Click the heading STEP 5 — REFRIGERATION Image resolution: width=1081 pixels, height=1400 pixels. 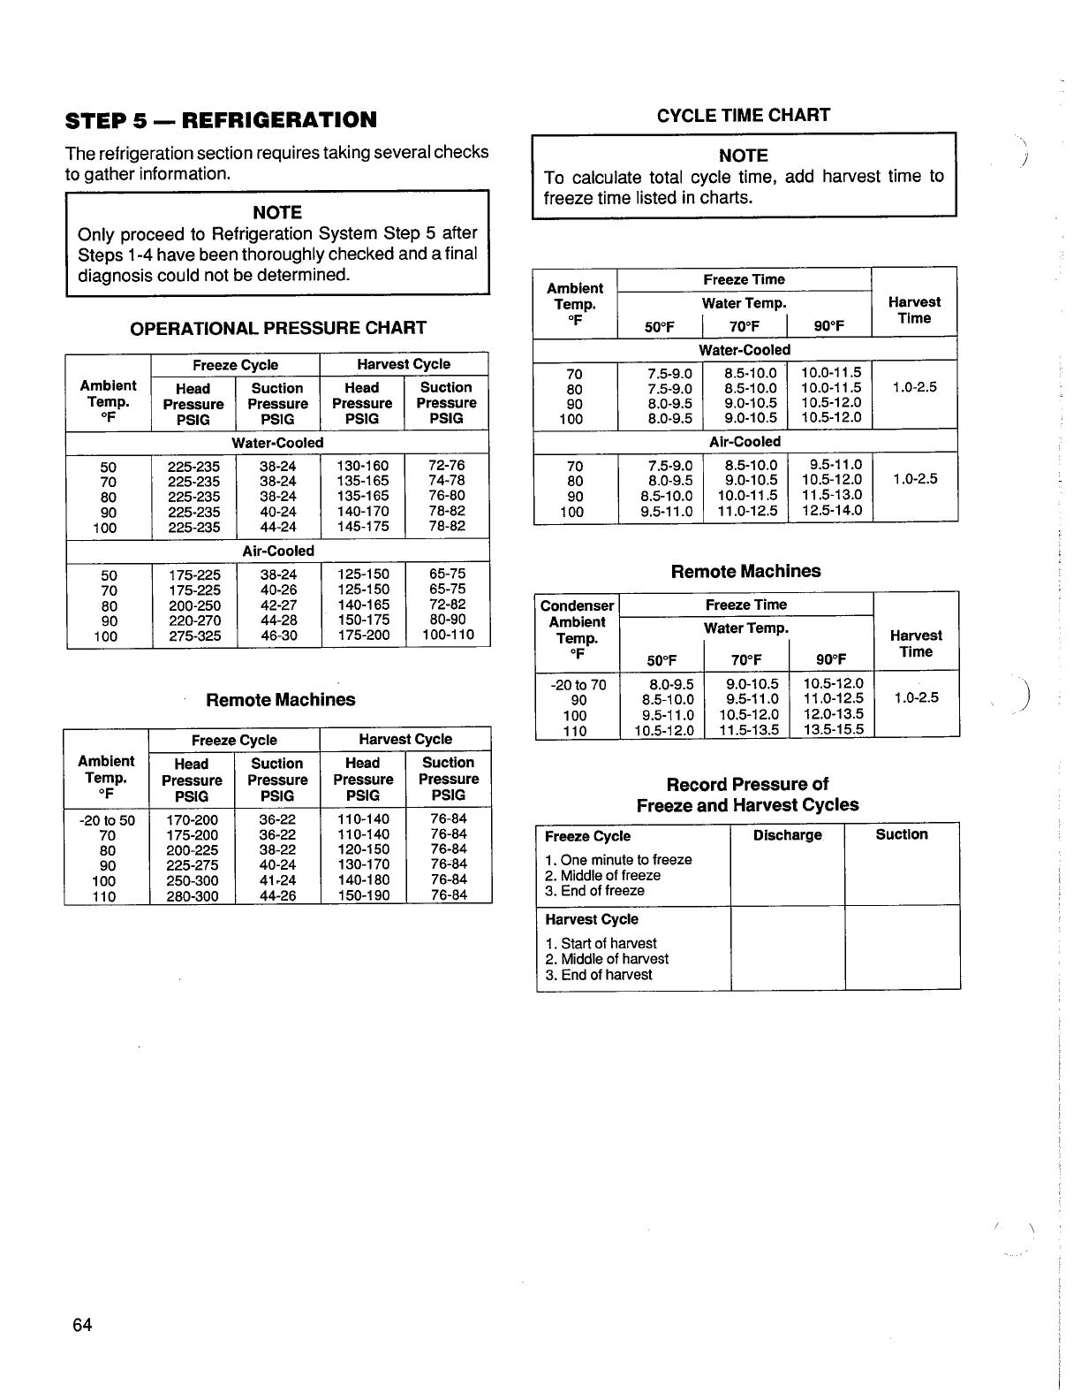(221, 119)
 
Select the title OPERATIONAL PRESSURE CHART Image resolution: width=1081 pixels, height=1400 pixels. (278, 328)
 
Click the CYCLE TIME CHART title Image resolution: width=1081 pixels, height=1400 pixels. (744, 115)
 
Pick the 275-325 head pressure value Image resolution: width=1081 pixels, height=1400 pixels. (194, 635)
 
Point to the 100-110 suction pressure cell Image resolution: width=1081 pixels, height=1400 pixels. (448, 635)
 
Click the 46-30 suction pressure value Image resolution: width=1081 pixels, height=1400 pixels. (279, 635)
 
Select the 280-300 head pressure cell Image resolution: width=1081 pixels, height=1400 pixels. (193, 896)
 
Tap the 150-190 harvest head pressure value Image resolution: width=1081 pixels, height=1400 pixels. (363, 896)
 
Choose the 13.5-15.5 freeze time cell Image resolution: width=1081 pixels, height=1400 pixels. (833, 730)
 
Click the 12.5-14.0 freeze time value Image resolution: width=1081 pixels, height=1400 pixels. (830, 511)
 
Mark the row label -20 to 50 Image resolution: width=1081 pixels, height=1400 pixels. (107, 820)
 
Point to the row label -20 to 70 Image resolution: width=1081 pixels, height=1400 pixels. (578, 684)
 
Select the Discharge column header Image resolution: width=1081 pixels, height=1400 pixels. (788, 835)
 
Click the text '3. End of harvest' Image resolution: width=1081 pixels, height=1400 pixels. (599, 975)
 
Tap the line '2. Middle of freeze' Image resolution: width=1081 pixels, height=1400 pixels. (602, 875)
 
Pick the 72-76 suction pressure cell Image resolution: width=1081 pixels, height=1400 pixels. (447, 465)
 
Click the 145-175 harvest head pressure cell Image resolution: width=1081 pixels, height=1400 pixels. (363, 527)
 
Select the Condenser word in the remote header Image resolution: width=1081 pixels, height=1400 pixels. (577, 605)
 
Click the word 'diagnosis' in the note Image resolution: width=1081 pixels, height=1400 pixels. (113, 275)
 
